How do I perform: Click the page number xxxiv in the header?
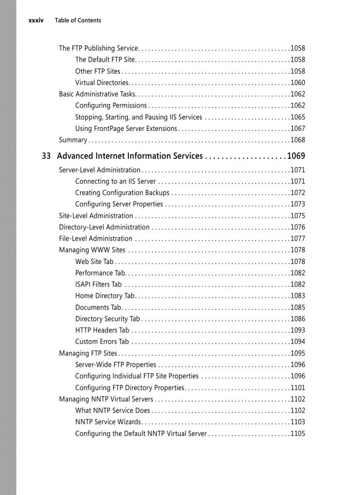[36, 20]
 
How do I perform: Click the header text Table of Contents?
[78, 20]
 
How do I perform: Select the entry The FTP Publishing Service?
[99, 48]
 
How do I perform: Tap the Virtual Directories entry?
[102, 82]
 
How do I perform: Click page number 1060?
[297, 82]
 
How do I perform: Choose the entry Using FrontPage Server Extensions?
[126, 128]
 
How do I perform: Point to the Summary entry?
[73, 140]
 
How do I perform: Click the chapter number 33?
[46, 156]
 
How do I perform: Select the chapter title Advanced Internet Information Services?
[130, 156]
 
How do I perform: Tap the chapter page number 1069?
[296, 156]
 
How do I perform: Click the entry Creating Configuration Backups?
[122, 193]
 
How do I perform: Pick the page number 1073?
[297, 204]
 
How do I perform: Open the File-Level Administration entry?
[96, 238]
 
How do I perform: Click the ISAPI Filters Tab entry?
[98, 284]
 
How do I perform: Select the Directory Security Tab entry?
[107, 319]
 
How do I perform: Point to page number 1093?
[297, 330]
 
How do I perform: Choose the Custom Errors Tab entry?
[102, 342]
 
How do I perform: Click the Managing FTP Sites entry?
[88, 353]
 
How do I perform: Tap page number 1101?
[297, 388]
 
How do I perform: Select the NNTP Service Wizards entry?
[108, 422]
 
